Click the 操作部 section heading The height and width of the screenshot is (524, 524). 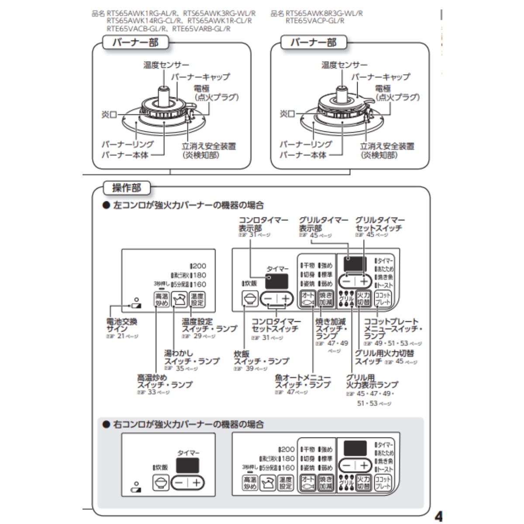[126, 188]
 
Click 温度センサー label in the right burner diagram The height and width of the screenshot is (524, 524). [344, 65]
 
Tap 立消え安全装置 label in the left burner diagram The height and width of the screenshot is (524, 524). [209, 147]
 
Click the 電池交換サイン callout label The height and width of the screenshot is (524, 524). [122, 325]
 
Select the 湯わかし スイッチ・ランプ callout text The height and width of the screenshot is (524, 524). [191, 357]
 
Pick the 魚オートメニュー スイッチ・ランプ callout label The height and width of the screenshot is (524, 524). [303, 381]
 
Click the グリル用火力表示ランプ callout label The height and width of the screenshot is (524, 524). [371, 381]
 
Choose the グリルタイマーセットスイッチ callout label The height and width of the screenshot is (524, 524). [379, 224]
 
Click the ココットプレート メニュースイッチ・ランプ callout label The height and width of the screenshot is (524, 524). [391, 328]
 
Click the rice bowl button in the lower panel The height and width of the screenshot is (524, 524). [161, 483]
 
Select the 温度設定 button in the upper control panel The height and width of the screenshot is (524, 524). [197, 300]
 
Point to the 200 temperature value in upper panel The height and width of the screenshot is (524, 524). [199, 266]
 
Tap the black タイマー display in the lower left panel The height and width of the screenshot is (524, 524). [187, 465]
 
